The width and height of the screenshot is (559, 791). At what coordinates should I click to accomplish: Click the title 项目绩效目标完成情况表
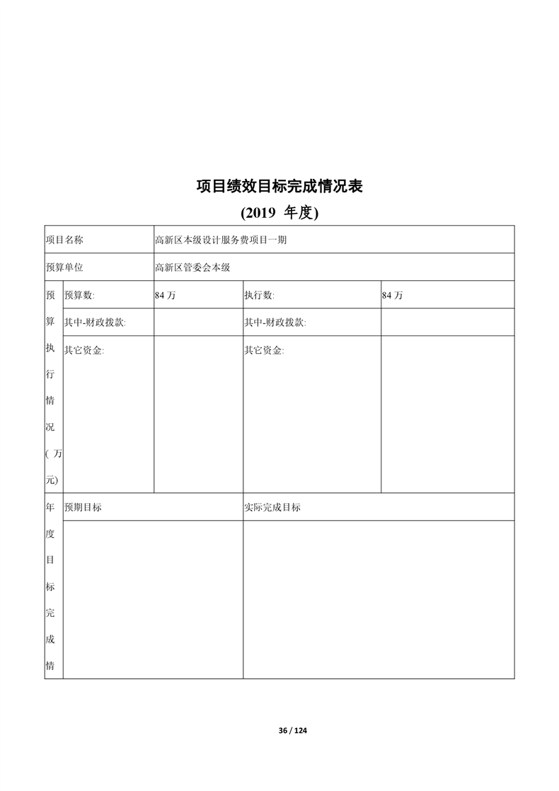click(x=279, y=186)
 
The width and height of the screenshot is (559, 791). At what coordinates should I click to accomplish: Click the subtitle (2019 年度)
click(x=279, y=212)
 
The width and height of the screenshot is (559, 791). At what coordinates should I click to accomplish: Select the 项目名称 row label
click(x=64, y=240)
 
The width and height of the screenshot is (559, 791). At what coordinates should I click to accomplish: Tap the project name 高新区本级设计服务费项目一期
click(x=221, y=240)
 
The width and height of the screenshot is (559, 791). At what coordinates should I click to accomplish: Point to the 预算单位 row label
click(x=64, y=267)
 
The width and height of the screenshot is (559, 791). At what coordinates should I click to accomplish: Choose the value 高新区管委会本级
click(x=193, y=267)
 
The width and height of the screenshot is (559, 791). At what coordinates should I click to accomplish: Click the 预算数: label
click(x=79, y=295)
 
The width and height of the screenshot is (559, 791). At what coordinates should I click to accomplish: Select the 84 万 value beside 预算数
click(x=165, y=296)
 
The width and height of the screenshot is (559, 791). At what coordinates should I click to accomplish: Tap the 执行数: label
click(x=260, y=295)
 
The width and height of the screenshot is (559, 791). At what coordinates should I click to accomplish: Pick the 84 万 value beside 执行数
click(x=392, y=296)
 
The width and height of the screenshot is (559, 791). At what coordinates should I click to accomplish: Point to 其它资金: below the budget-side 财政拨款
click(x=83, y=350)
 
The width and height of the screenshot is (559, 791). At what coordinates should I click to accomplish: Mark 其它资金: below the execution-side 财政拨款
click(x=264, y=350)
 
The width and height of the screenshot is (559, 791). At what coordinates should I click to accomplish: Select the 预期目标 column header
click(x=83, y=507)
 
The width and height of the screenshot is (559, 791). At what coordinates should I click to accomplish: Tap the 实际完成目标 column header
click(x=272, y=507)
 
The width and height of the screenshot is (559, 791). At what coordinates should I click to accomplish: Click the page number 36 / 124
click(x=293, y=730)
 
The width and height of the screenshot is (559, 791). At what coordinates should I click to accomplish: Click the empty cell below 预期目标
click(x=153, y=599)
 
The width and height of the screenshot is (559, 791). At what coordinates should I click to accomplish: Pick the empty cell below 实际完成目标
click(x=379, y=599)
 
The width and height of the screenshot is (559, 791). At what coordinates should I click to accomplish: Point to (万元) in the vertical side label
click(x=53, y=467)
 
